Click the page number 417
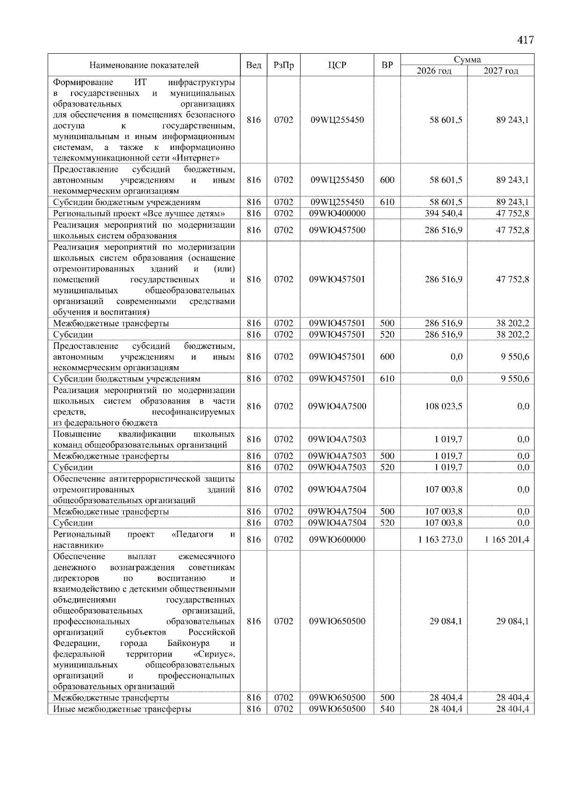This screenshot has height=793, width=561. click(x=525, y=40)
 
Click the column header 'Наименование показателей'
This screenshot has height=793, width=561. click(x=144, y=65)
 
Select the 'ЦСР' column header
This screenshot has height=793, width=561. click(x=337, y=65)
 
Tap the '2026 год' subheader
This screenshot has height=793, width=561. click(x=434, y=71)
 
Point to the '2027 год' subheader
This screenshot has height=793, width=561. click(x=501, y=71)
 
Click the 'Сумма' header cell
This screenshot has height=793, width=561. click(x=467, y=60)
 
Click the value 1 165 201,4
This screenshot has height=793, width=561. click(x=507, y=539)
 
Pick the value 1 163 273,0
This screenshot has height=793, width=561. click(x=440, y=539)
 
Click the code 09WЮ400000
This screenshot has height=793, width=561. click(x=337, y=213)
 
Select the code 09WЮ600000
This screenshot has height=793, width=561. click(x=337, y=539)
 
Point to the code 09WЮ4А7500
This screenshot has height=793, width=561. click(x=337, y=406)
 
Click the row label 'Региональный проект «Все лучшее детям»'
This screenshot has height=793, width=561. click(x=139, y=213)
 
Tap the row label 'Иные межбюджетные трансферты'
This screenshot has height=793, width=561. click(x=122, y=709)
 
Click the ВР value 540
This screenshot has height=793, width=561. click(x=387, y=709)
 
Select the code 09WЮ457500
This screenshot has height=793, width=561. click(x=337, y=230)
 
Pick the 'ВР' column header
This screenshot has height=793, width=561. click(x=387, y=65)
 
